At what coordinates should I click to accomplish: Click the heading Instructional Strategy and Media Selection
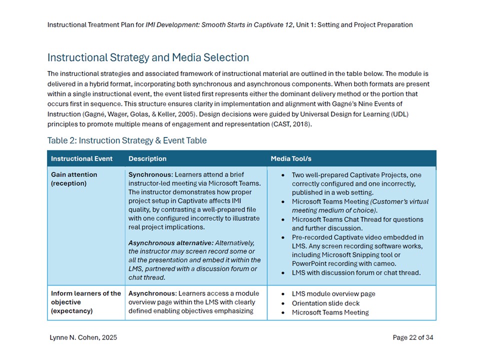[148, 57]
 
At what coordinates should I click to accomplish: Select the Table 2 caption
[126, 140]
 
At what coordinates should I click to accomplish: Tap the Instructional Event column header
[81, 158]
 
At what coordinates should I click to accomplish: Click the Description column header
[147, 158]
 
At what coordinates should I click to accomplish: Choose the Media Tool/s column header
[291, 158]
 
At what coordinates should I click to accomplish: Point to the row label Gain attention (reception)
[74, 178]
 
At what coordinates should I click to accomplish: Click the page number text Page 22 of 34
[413, 337]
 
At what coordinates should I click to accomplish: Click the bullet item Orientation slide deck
[325, 303]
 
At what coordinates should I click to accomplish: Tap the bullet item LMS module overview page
[333, 293]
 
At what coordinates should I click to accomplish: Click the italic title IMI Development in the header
[172, 24]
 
